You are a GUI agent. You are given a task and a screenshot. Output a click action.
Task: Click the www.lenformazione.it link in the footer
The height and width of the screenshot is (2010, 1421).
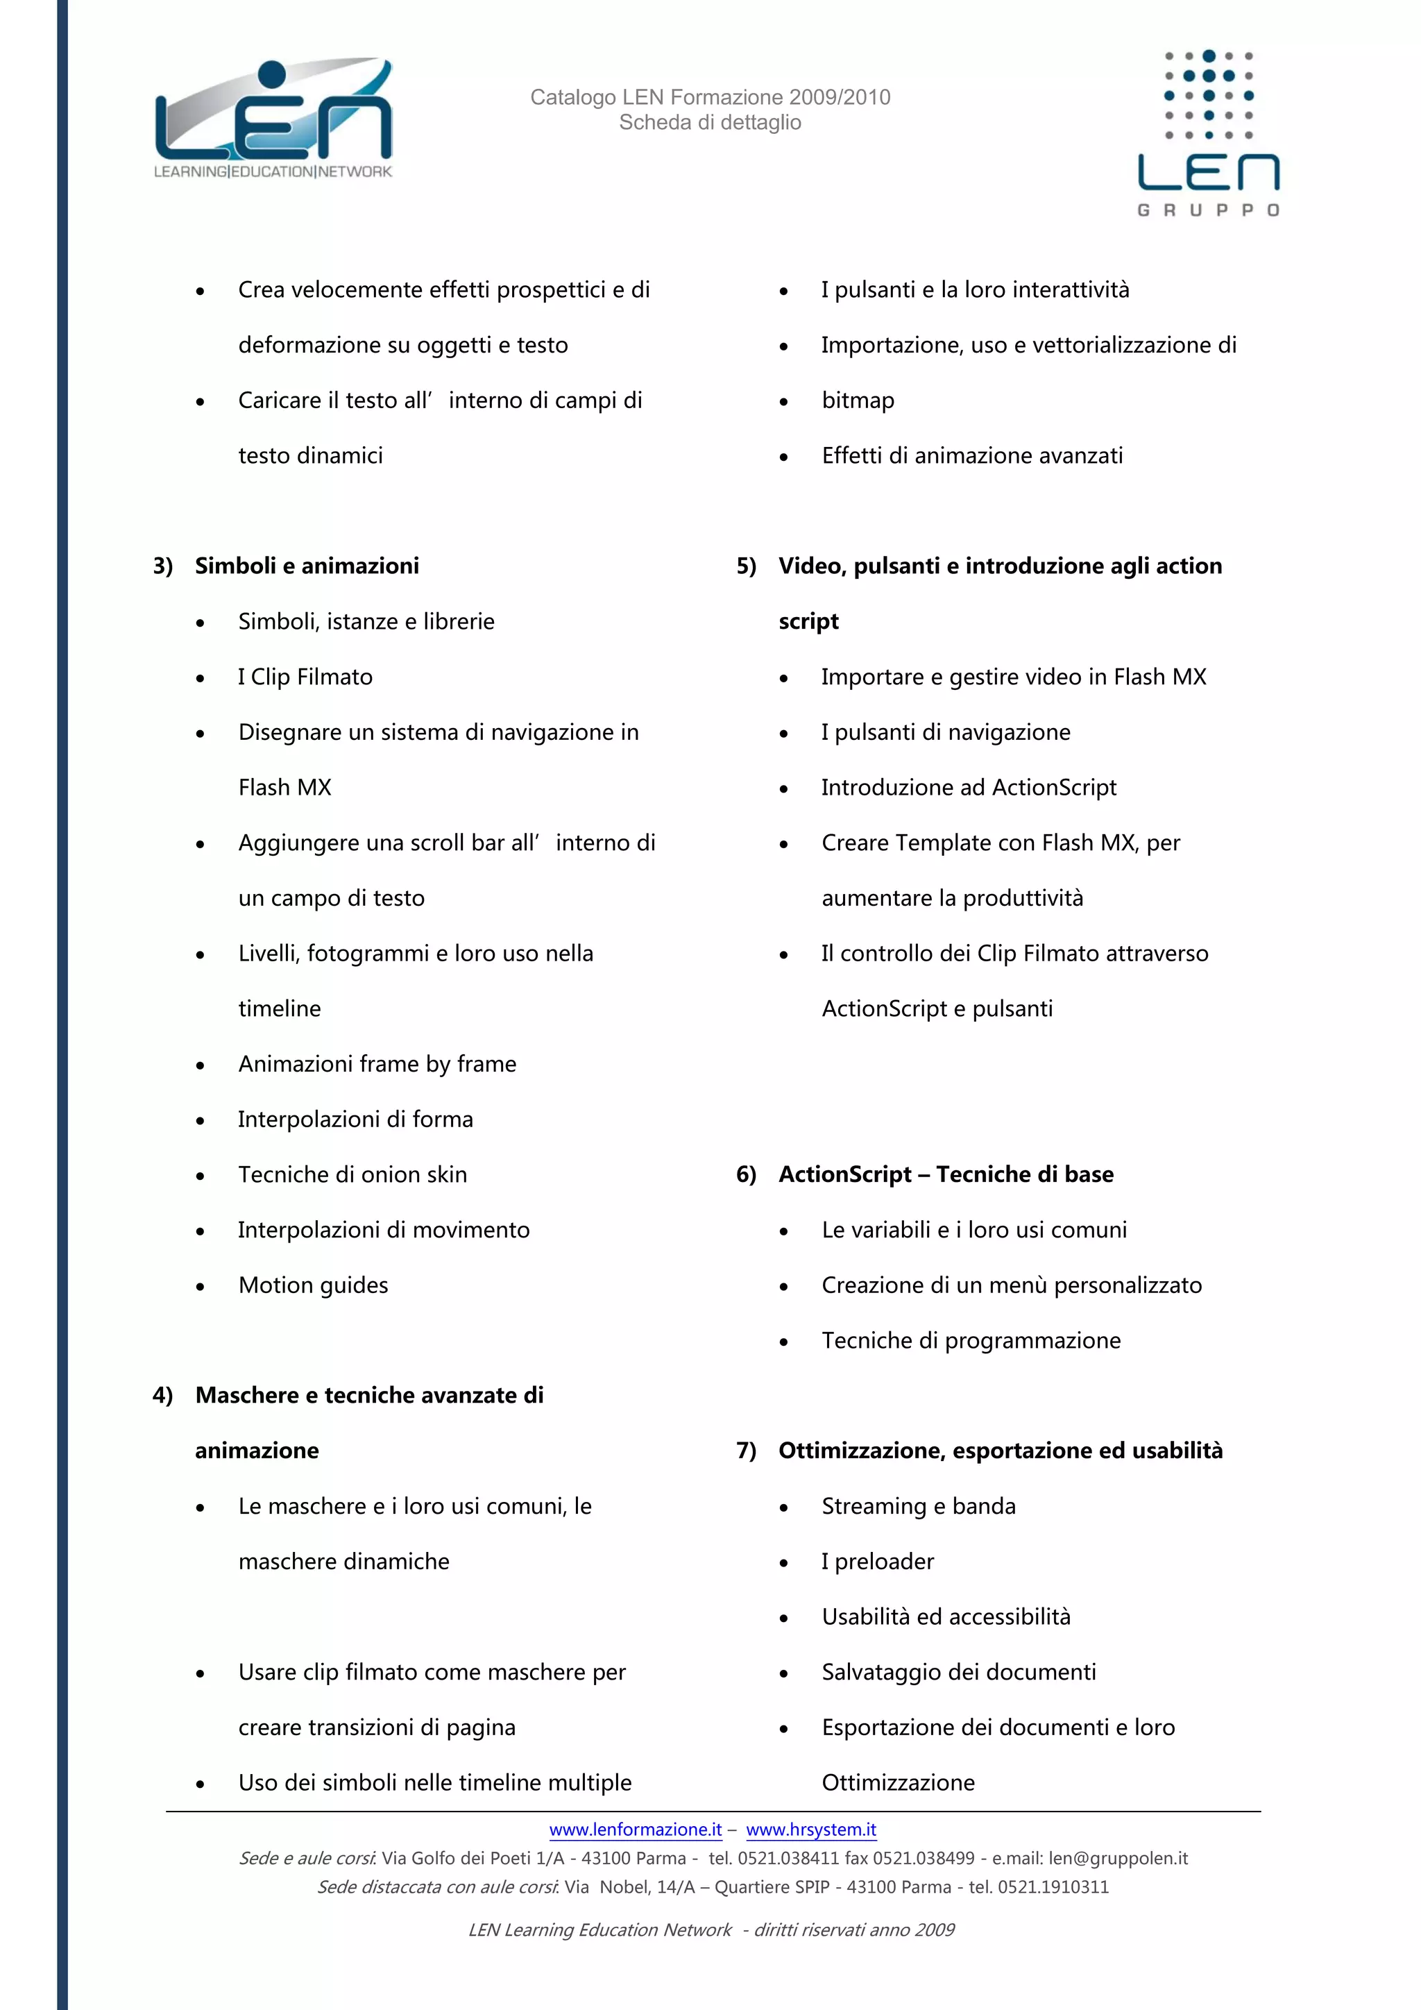click(636, 1830)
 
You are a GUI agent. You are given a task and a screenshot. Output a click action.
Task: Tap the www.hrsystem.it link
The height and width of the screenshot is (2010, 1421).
click(811, 1830)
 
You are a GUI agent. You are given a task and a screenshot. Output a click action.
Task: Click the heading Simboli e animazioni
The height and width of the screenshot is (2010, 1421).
click(307, 566)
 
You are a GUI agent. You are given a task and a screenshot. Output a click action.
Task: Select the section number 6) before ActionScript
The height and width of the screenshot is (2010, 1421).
click(745, 1175)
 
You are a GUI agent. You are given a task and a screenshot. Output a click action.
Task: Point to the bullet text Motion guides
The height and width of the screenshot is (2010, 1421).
click(313, 1285)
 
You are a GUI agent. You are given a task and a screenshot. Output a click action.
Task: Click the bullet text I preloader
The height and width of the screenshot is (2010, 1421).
click(878, 1562)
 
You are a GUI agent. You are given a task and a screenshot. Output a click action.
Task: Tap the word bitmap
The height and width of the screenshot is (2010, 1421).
click(858, 401)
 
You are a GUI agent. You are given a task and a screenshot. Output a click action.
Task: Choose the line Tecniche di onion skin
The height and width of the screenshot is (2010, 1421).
click(352, 1175)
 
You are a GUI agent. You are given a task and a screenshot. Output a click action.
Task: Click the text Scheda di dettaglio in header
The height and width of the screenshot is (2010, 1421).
click(710, 123)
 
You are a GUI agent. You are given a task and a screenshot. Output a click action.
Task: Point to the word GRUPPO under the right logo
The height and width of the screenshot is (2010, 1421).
click(1209, 210)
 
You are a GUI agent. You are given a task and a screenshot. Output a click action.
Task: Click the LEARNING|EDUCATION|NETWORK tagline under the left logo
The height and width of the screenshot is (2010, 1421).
click(273, 171)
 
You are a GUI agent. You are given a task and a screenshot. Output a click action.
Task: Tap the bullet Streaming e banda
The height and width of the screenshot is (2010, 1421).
click(919, 1507)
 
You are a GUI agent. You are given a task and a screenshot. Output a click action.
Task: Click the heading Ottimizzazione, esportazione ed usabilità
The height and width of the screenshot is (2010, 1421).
click(1000, 1451)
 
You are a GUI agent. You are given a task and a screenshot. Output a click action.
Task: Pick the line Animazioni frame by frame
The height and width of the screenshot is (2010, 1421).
click(377, 1065)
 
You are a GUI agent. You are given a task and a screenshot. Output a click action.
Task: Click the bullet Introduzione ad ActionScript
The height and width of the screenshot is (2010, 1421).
click(969, 788)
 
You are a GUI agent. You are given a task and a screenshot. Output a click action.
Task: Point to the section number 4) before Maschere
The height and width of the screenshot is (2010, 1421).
click(163, 1396)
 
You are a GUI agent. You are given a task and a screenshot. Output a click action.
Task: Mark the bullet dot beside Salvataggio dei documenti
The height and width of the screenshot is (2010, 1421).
click(784, 1674)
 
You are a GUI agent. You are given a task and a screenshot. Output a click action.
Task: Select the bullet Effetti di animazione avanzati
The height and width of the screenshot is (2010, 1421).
click(972, 456)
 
